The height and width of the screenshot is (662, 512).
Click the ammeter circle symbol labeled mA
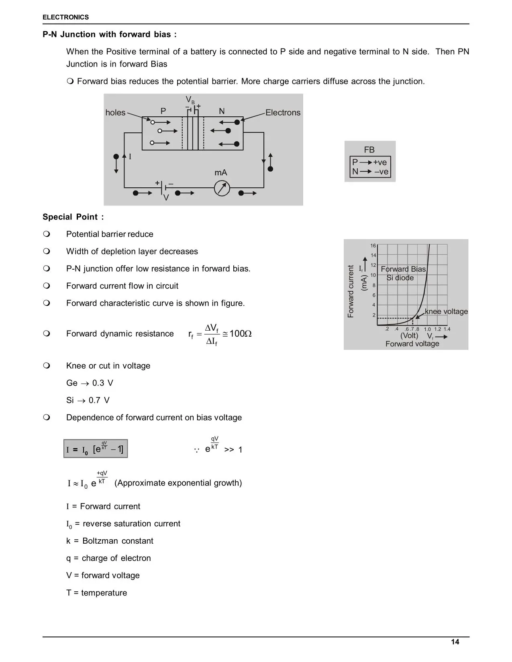click(222, 188)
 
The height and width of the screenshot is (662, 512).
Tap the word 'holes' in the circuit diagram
click(115, 113)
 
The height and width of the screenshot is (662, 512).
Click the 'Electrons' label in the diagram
click(283, 113)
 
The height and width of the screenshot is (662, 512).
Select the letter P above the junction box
click(163, 111)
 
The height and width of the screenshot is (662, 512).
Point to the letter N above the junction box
click(222, 111)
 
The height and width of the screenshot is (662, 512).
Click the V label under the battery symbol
click(166, 198)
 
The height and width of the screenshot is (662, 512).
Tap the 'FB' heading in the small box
click(369, 150)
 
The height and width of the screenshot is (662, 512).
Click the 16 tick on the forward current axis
click(373, 246)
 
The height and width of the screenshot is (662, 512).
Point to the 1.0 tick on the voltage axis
click(427, 329)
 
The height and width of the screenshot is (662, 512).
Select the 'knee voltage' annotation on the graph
click(446, 311)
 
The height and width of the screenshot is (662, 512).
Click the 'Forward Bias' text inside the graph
click(403, 269)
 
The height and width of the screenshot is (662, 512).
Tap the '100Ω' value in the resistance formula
click(240, 333)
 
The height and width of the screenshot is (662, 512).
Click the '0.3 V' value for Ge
click(103, 383)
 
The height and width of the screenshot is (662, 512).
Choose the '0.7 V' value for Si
click(99, 400)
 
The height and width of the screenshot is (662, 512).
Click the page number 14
click(455, 642)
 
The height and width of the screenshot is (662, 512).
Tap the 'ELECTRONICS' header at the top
click(65, 17)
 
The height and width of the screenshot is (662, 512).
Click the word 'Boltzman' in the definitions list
click(100, 541)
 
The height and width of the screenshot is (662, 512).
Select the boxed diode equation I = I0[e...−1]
click(96, 449)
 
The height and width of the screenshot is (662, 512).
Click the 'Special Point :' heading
click(73, 217)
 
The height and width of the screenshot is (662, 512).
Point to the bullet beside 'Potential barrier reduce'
click(46, 234)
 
